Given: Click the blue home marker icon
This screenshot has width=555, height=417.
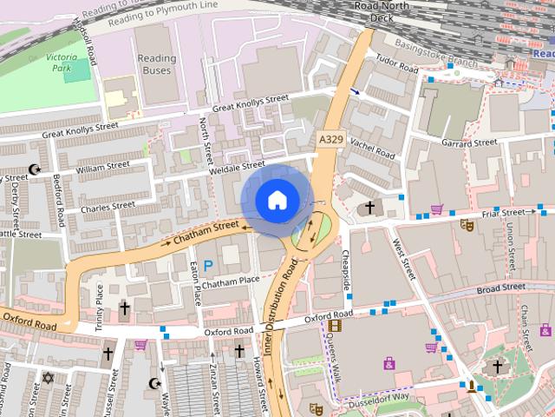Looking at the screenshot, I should click(276, 201).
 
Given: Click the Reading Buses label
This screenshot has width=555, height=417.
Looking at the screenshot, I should click(156, 64).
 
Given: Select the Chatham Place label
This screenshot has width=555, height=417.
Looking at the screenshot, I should click(231, 281).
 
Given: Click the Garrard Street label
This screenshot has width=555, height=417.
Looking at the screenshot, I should click(467, 142).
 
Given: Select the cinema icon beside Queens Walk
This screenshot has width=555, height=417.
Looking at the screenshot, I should click(335, 326).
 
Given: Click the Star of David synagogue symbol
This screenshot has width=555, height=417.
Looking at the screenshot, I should click(47, 378).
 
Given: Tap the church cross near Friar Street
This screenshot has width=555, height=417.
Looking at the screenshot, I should click(370, 208).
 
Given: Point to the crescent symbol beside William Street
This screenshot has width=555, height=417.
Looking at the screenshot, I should click(36, 169).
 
